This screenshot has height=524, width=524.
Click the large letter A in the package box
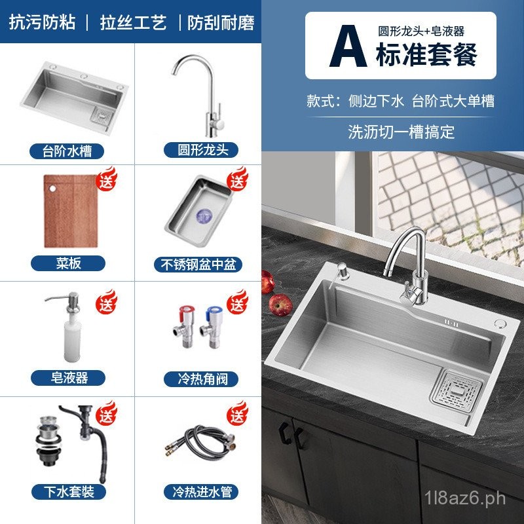pyautogui.click(x=348, y=46)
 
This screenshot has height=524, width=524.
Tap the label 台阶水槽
pyautogui.click(x=67, y=151)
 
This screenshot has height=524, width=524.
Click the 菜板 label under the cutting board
pyautogui.click(x=68, y=263)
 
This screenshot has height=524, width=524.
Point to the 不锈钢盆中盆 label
pyautogui.click(x=198, y=265)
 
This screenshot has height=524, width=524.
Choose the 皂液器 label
pyautogui.click(x=69, y=378)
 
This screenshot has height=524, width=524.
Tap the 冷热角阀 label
pyautogui.click(x=202, y=379)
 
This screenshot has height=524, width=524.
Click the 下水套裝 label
pyautogui.click(x=69, y=492)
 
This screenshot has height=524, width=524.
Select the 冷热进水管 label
pyautogui.click(x=202, y=492)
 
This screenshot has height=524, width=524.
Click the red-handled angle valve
pyautogui.click(x=183, y=326)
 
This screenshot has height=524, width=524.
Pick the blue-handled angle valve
pyautogui.click(x=211, y=327)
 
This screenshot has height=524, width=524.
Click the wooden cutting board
pyautogui.click(x=71, y=211)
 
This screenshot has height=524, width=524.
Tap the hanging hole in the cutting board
pyautogui.click(x=52, y=189)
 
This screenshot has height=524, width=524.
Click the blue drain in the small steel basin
pyautogui.click(x=204, y=216)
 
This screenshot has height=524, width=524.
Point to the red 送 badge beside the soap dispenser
pyautogui.click(x=107, y=302)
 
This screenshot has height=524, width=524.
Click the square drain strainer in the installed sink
pyautogui.click(x=457, y=388)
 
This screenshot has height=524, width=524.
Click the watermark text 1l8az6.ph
pyautogui.click(x=465, y=498)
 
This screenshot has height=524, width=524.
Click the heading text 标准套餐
pyautogui.click(x=426, y=54)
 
